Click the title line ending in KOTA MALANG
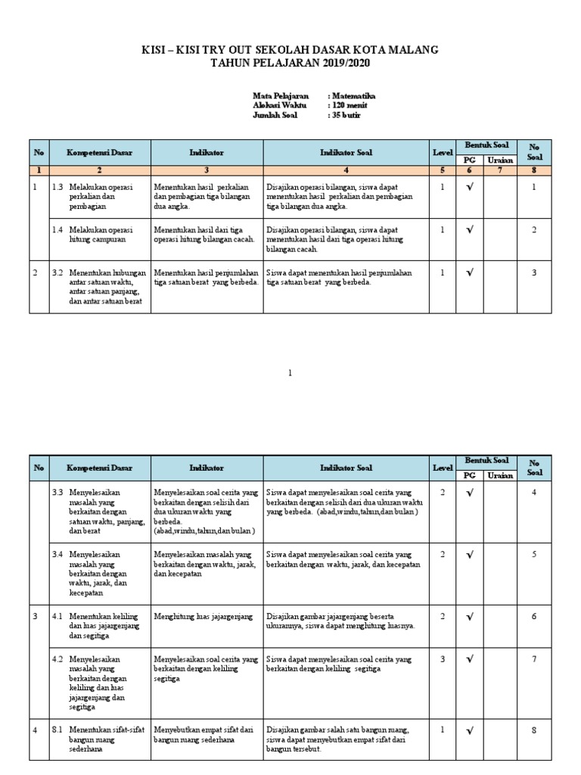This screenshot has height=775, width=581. [290, 50]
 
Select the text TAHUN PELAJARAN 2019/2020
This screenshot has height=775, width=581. [290, 63]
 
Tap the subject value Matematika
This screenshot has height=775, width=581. [352, 96]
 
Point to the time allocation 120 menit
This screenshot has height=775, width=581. [349, 106]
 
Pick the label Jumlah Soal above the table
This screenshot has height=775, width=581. [275, 116]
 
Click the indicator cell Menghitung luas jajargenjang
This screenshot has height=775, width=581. [202, 617]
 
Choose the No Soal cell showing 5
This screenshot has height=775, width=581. [533, 554]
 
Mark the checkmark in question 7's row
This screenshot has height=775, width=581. [470, 659]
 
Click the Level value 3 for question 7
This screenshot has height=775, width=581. [443, 659]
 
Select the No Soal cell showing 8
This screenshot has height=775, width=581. [533, 731]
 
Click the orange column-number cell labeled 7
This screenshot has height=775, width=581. [499, 170]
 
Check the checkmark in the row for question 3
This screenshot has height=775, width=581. [470, 273]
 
